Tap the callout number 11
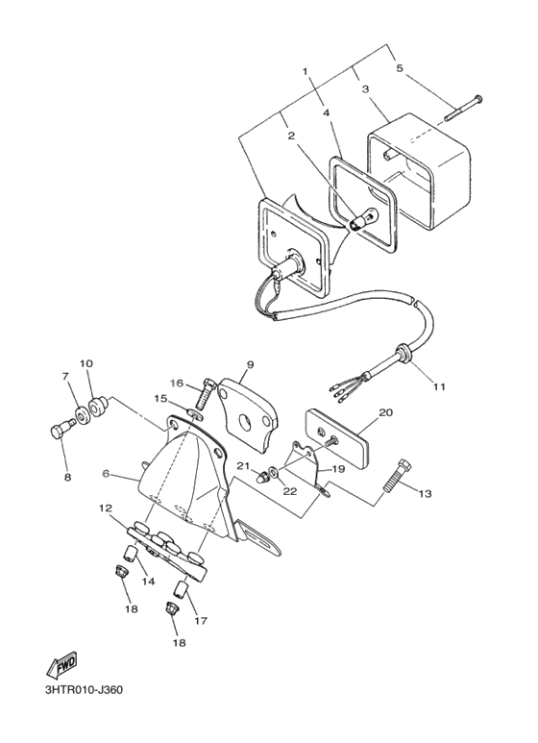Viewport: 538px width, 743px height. [x=439, y=386]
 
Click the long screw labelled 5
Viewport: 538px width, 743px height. [x=463, y=109]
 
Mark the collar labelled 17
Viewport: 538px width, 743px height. [x=182, y=590]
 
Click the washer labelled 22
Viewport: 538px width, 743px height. [x=274, y=472]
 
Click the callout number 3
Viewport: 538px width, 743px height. [x=365, y=89]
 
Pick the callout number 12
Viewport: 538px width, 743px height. [x=105, y=508]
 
